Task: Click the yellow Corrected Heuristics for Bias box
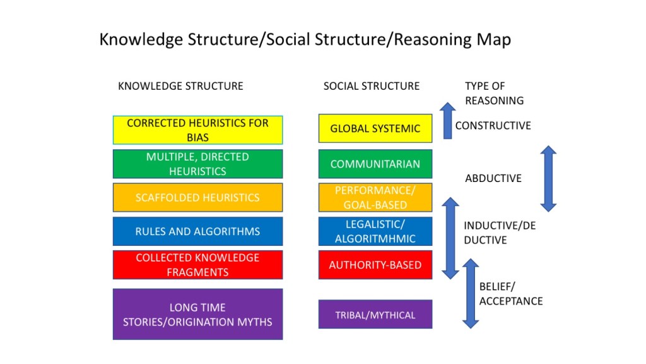coord(197,130)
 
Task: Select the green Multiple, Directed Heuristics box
coord(197,164)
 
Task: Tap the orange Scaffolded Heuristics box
coord(197,198)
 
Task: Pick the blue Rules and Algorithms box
coord(197,231)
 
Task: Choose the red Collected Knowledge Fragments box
coord(197,265)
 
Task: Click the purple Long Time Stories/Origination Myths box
coord(197,314)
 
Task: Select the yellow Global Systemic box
coord(375,128)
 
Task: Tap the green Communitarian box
coord(375,164)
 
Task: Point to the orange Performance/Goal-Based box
coord(375,198)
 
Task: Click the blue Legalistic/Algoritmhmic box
coord(375,231)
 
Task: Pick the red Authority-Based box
coord(375,265)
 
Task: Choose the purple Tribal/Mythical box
coord(375,315)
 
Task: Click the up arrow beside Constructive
coord(447,121)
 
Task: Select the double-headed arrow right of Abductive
coord(548,179)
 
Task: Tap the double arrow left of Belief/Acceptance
coord(471,293)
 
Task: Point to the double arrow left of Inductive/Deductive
coord(450,238)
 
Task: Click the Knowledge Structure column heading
coord(180,86)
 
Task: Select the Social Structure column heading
coord(372,86)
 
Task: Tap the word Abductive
coord(493,178)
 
